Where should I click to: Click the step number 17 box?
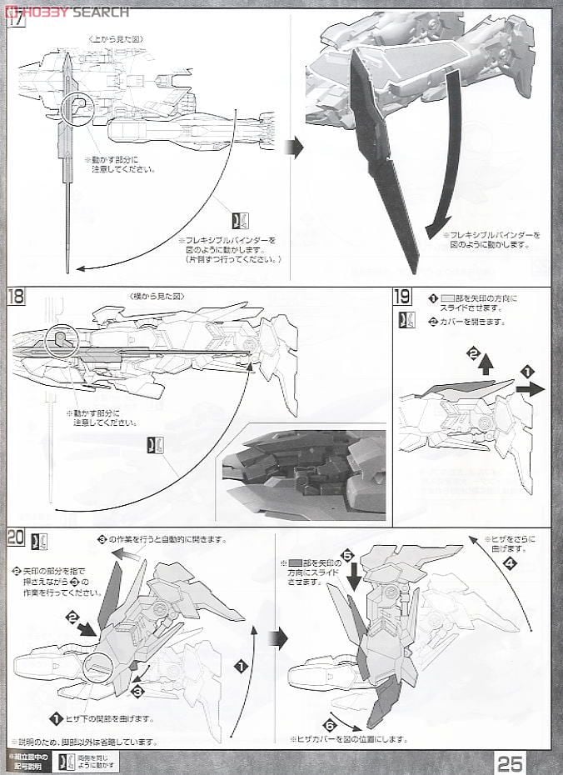point(16,22)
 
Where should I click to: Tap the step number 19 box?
point(402,297)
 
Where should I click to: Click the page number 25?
point(511,762)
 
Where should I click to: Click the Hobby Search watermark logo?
point(67,11)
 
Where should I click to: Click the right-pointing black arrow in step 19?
point(528,388)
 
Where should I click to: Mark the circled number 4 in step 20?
point(509,562)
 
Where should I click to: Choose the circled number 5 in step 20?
point(347,553)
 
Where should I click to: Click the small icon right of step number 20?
point(38,541)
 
